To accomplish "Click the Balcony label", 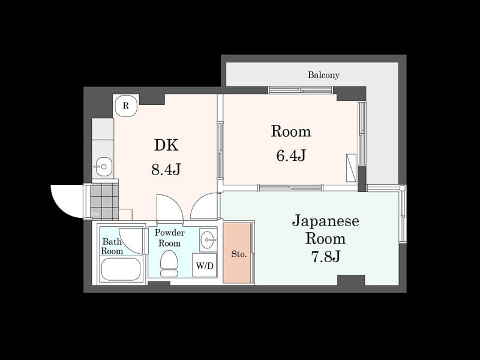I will click(323, 75).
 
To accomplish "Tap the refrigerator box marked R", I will click(126, 106).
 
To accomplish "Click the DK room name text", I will click(166, 145).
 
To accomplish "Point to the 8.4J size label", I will click(166, 170).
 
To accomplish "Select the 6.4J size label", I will click(291, 155).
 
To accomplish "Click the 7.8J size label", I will click(325, 256).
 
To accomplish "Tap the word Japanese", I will click(325, 221).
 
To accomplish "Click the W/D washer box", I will click(204, 265).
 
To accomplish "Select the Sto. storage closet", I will click(238, 253).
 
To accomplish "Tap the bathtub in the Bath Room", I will click(121, 269).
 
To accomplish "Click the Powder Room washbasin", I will click(208, 239).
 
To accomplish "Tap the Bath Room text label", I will click(112, 246).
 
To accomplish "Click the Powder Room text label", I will click(169, 238).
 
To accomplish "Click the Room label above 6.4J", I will click(291, 131).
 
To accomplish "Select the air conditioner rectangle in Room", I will click(351, 167).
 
